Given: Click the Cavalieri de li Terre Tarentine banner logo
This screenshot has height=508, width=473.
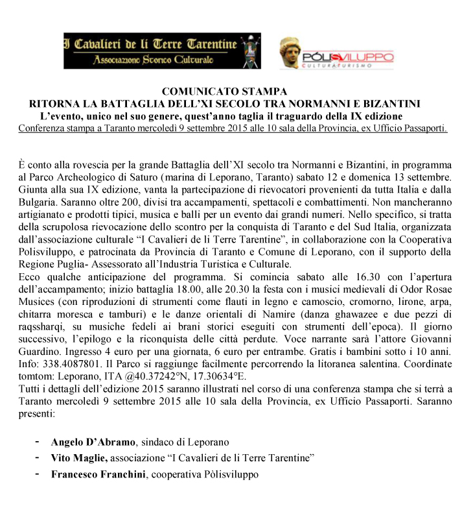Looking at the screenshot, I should (162, 51).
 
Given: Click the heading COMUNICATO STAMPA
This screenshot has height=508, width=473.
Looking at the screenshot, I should (224, 91).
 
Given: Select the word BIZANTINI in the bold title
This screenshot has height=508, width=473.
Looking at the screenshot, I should (391, 103).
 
